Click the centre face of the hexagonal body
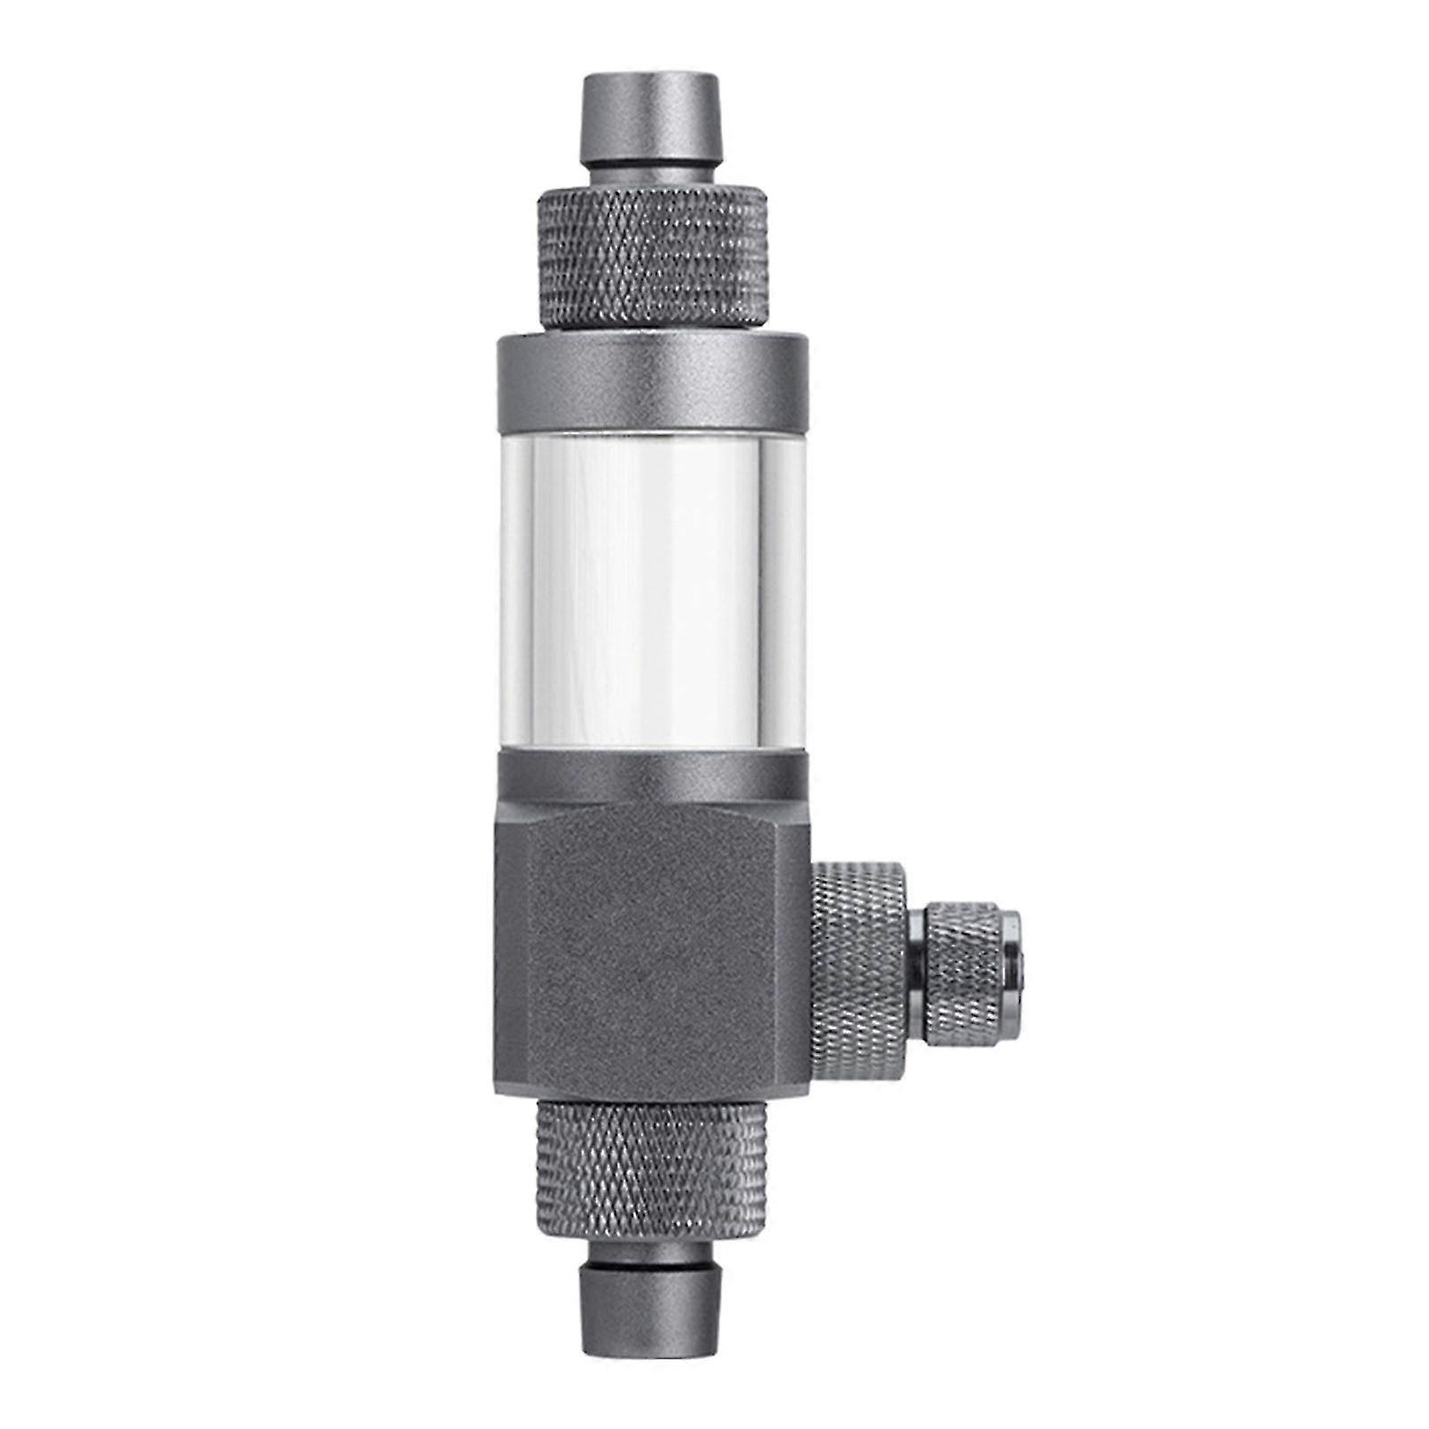pos(661,947)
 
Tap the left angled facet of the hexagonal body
pos(512,947)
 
